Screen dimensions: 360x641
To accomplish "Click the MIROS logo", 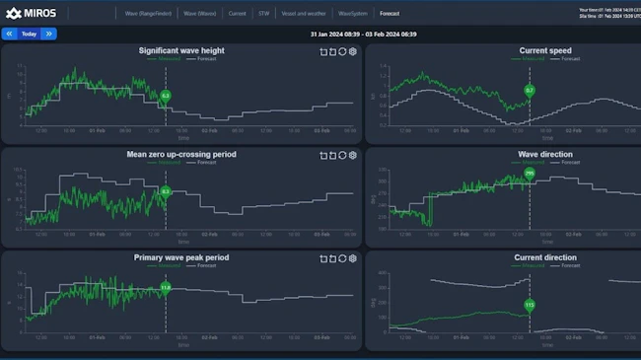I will [32, 13].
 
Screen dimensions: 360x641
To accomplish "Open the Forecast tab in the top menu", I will [390, 14].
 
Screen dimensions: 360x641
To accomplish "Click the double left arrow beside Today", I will [9, 34].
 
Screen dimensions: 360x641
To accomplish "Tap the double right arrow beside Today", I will [48, 34].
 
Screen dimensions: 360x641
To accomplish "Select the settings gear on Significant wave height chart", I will [353, 50].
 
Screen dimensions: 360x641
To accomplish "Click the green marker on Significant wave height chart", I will [166, 96].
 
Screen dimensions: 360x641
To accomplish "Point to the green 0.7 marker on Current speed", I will [529, 91].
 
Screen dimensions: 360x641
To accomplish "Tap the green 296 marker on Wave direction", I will [529, 174].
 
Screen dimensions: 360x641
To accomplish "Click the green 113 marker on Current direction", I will [529, 305].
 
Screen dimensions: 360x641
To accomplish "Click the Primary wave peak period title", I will [180, 257].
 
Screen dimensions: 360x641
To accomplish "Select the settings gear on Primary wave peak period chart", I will [353, 258].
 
